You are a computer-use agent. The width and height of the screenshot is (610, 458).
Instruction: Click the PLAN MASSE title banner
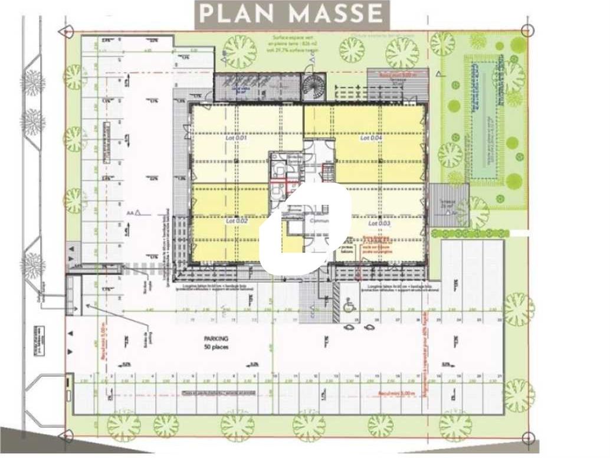(x=292, y=14)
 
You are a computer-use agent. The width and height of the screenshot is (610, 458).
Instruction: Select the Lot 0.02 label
(x=235, y=221)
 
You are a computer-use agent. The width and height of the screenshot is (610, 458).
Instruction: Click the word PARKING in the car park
(x=215, y=339)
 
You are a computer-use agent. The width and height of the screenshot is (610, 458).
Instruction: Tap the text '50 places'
(x=215, y=347)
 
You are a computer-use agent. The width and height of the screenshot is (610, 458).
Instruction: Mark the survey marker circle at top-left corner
(x=68, y=30)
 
